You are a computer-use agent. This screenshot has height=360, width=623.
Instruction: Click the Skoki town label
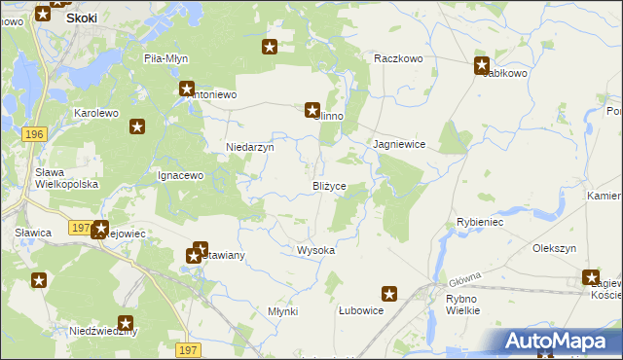(x=81, y=18)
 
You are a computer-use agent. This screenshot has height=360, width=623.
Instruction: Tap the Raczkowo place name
(x=398, y=58)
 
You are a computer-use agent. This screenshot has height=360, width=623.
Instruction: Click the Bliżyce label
(x=329, y=186)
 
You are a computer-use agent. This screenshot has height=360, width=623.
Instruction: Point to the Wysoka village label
(x=315, y=250)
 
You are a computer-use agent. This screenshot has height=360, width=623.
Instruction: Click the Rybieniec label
(x=479, y=222)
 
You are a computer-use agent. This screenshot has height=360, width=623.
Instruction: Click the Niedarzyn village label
(x=250, y=147)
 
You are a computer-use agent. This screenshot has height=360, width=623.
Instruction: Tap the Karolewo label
(x=96, y=113)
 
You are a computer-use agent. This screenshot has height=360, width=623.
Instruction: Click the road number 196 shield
(x=34, y=133)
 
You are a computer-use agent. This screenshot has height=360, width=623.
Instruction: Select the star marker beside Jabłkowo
(x=482, y=66)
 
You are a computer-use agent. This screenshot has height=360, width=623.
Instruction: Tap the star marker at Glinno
(x=312, y=111)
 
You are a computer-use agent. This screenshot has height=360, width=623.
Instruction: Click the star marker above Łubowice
(x=389, y=293)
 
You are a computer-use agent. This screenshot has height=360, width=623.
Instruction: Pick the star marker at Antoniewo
(x=187, y=90)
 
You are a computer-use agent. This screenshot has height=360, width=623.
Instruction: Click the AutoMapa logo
(x=562, y=342)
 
